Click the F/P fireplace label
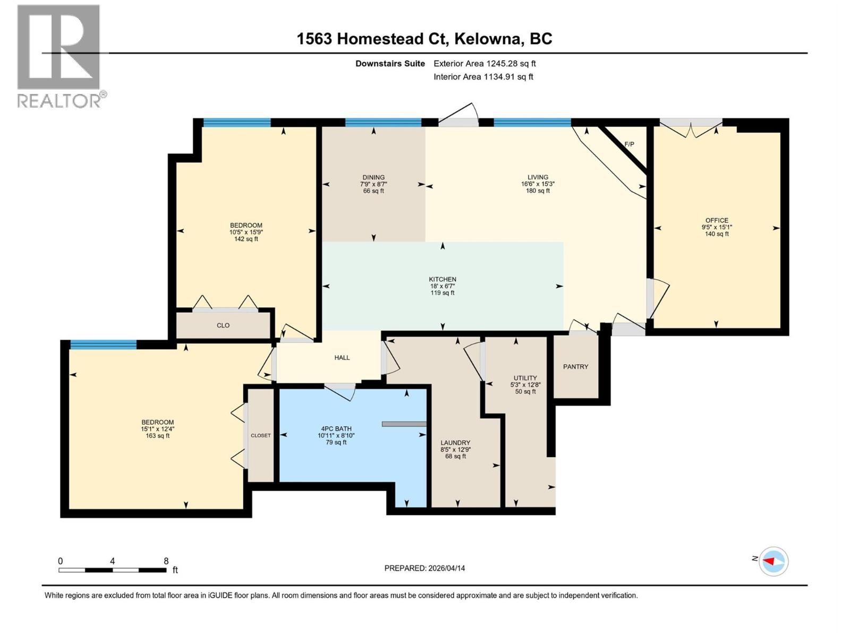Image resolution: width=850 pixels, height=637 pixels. tap(629, 144)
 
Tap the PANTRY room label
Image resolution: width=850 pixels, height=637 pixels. tap(575, 367)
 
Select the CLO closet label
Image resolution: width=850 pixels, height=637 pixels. tap(223, 325)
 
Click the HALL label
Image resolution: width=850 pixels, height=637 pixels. tap(342, 358)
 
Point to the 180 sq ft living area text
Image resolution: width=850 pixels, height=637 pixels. tap(538, 191)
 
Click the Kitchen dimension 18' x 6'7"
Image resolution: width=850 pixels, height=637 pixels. tap(443, 286)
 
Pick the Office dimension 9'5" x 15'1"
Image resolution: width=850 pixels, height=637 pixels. tap(717, 227)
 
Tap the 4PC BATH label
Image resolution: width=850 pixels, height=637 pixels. tap(336, 429)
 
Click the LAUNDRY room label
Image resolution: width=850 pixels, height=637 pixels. tap(455, 443)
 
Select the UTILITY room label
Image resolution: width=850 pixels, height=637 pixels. tap(525, 378)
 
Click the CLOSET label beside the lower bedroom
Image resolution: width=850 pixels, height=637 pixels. tap(261, 435)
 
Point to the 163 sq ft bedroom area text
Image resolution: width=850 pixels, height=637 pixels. tap(157, 436)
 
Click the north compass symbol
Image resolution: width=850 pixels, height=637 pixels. tap(773, 561)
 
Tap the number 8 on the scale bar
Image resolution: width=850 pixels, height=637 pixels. tap(166, 561)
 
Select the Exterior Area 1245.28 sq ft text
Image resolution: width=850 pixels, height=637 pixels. tap(484, 64)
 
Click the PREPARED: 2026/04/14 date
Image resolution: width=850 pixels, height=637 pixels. tap(424, 568)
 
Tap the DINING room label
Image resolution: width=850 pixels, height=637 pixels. tap(373, 178)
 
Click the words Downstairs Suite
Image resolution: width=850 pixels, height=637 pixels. tap(390, 64)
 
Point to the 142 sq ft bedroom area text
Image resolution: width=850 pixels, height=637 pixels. tap(246, 239)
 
